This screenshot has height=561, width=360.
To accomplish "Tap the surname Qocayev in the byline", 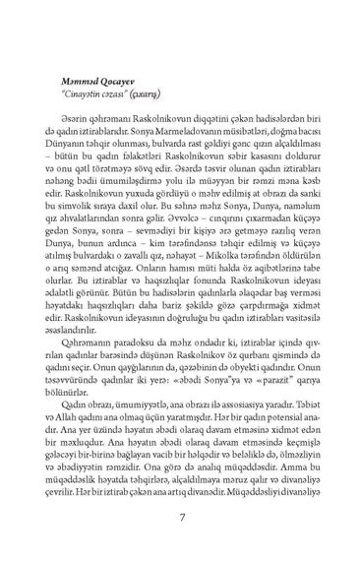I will [122, 82].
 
